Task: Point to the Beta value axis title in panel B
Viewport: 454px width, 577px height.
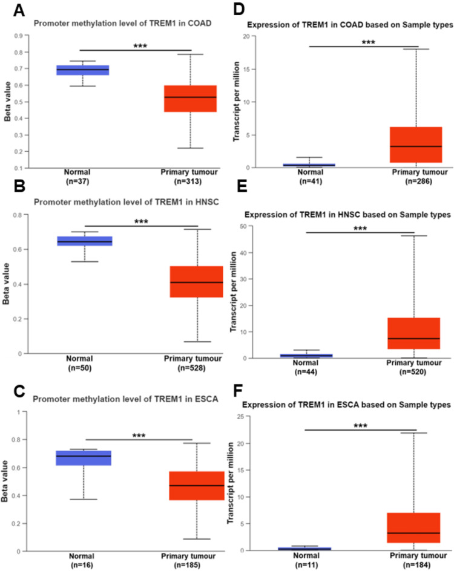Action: pos(7,284)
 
